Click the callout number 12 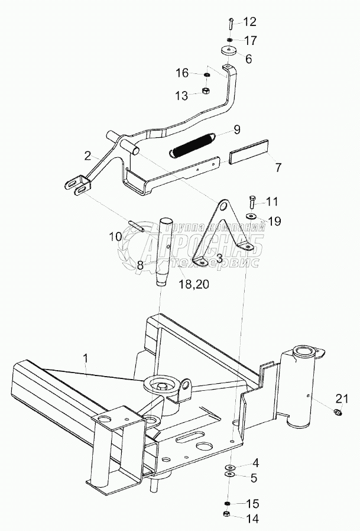(249, 22)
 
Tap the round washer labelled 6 (228, 51)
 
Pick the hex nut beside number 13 (206, 92)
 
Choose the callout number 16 (181, 73)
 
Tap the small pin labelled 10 (137, 226)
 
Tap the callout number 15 (252, 504)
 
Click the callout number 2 (87, 156)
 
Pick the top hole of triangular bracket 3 (223, 207)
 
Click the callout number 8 (141, 266)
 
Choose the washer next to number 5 (229, 473)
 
